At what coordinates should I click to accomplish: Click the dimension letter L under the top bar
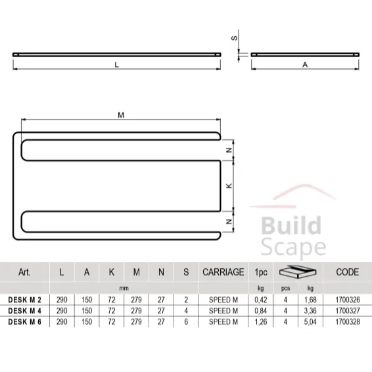coord(116,64)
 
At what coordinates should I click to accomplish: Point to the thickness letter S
coord(234,38)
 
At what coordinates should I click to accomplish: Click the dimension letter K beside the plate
coord(229,186)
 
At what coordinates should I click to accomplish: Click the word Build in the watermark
coord(292,227)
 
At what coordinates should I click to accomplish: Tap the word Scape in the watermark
coord(293,247)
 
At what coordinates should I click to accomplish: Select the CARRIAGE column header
coord(223,271)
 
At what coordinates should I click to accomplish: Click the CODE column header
coord(347,271)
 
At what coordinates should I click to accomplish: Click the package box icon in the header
coord(296,271)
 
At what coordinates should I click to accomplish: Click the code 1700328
coord(347,322)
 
